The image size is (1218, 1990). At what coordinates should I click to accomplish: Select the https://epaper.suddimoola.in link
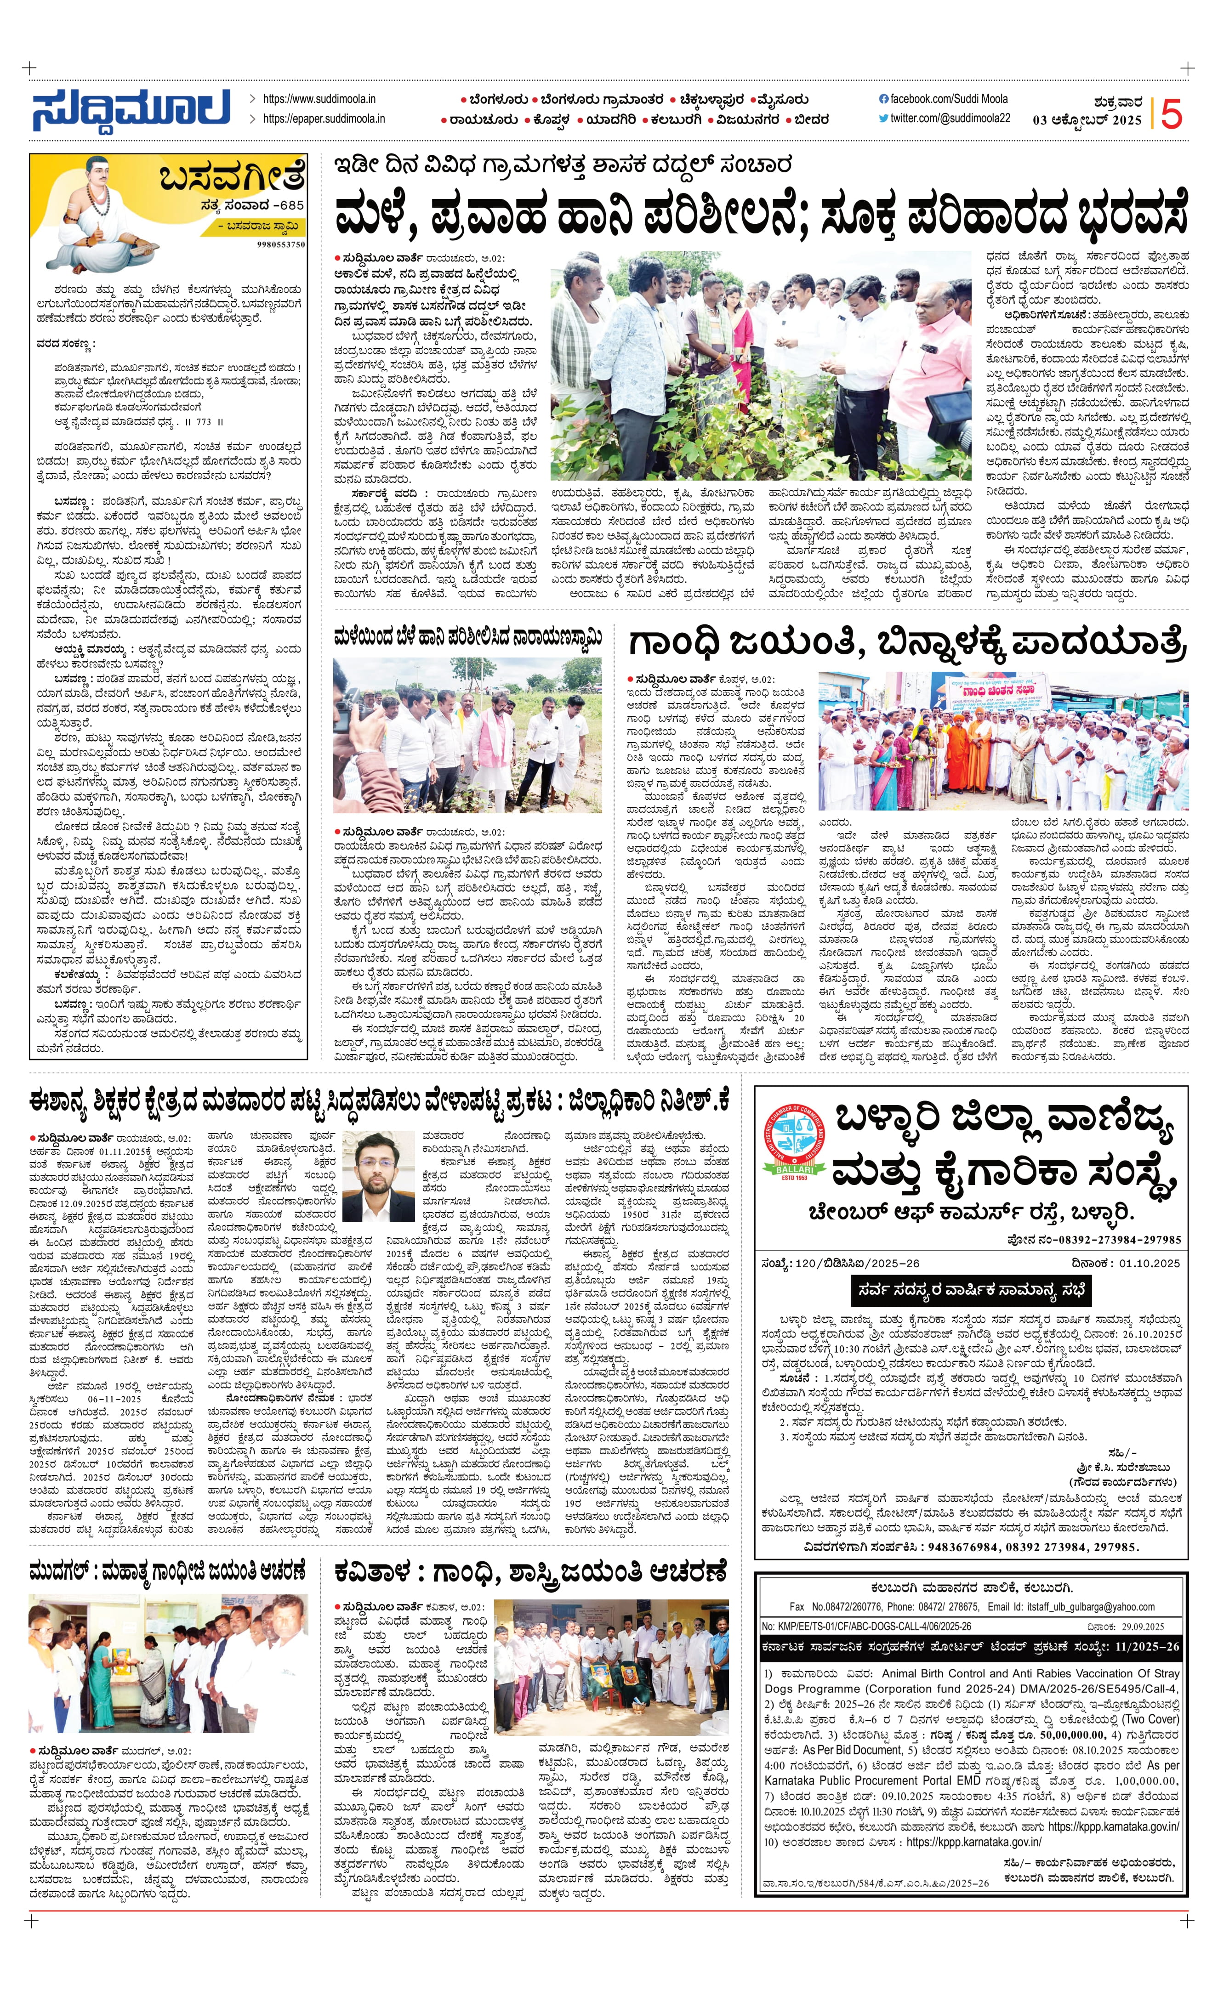point(323,119)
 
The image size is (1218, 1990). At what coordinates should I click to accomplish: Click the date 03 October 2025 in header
point(1087,120)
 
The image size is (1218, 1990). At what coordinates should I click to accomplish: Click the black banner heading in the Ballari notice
point(972,1289)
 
